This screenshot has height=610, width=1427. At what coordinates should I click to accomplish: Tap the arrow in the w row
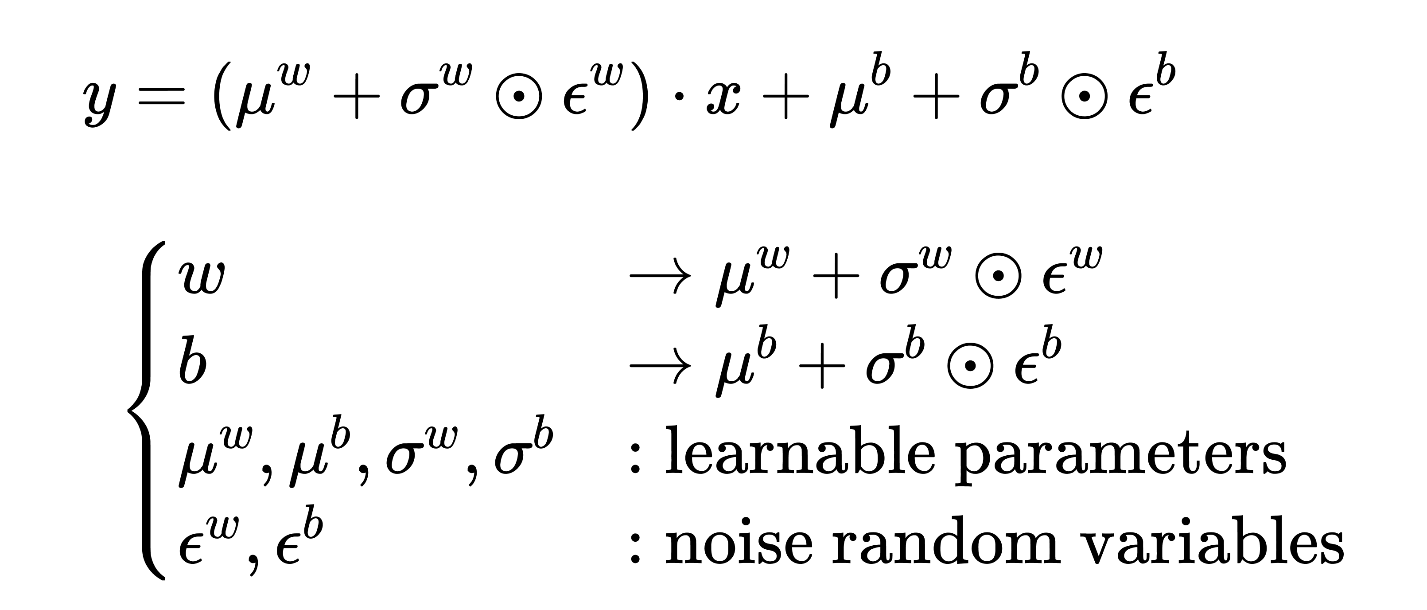[660, 276]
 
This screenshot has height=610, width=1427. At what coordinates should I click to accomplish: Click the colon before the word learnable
[636, 459]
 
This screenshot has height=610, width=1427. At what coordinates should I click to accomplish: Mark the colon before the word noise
[636, 549]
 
